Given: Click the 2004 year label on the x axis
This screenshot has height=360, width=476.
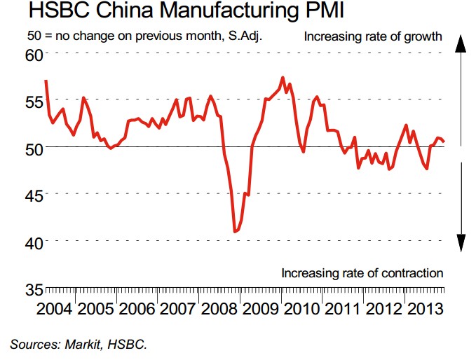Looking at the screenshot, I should [55, 309].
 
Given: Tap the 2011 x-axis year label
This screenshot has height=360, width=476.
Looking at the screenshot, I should [344, 309].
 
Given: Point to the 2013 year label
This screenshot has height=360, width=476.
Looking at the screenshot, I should [426, 309].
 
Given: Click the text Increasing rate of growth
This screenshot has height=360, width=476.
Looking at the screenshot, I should [373, 36].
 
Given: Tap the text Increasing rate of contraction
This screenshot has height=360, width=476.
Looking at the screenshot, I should [362, 272].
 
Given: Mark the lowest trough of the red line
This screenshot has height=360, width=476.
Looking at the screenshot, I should [236, 231].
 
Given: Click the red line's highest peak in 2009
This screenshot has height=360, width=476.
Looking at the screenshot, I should [282, 77].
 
